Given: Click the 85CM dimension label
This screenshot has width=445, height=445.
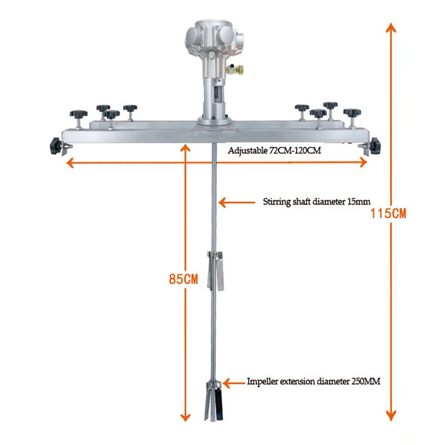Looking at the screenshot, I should point(184,279).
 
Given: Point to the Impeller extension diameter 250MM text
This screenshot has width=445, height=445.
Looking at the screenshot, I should point(314,382).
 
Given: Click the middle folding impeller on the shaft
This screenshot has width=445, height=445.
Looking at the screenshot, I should point(214,270).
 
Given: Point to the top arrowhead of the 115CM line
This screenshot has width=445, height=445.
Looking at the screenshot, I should point(390,28).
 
